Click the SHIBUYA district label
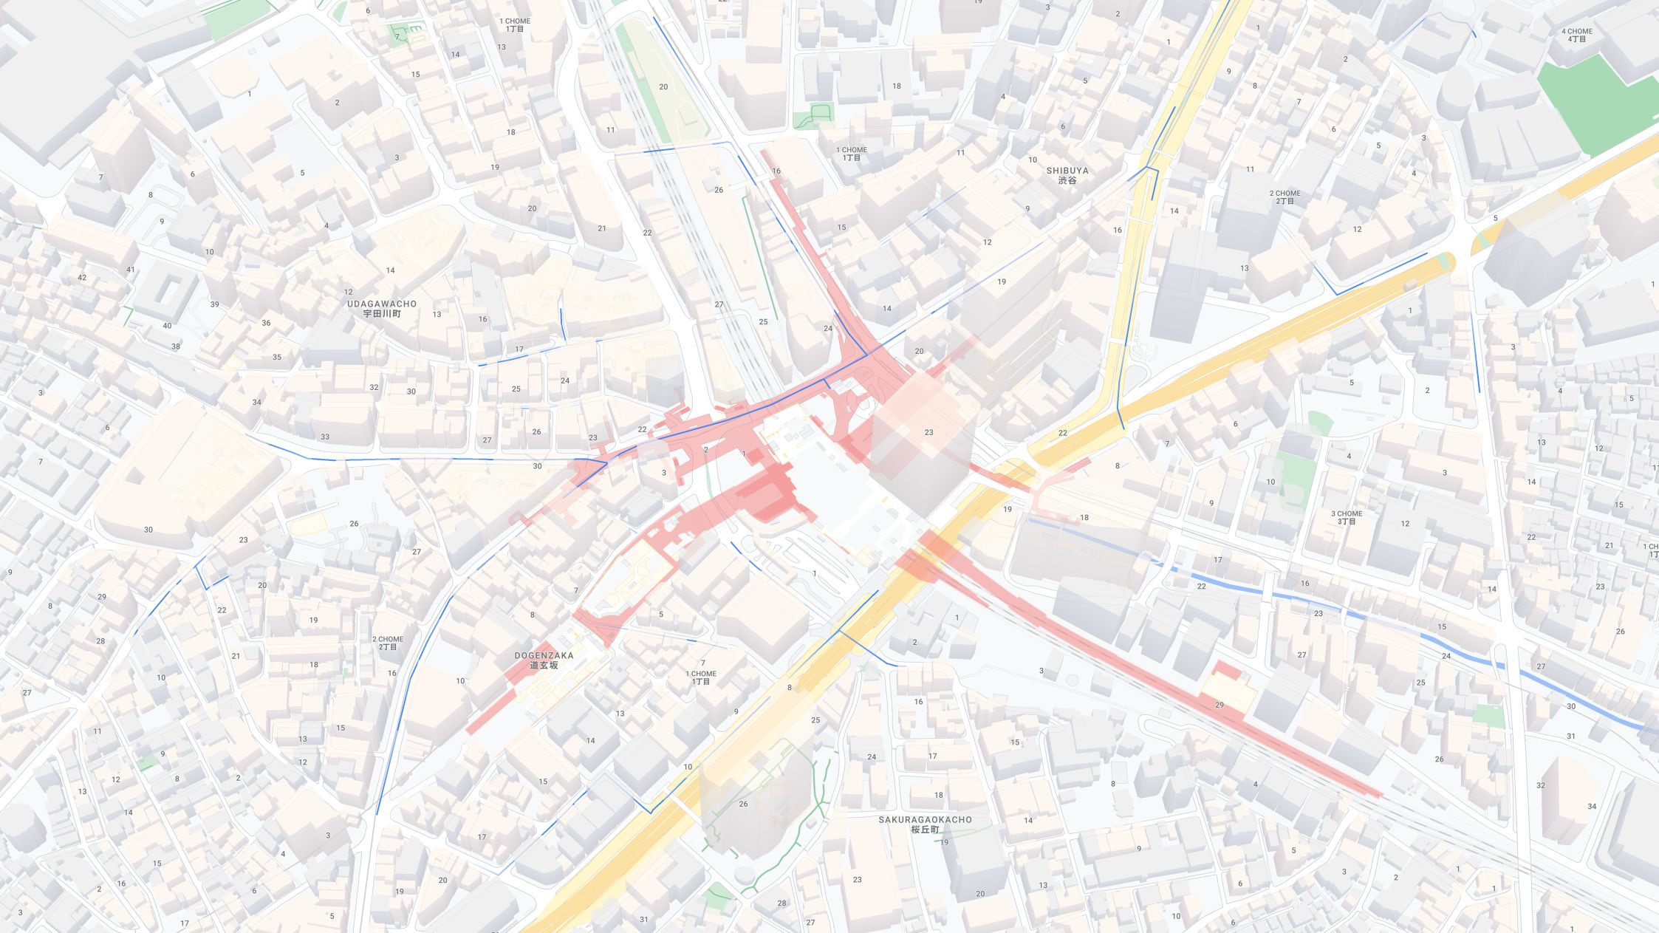click(x=1067, y=175)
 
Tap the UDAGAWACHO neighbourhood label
click(x=382, y=308)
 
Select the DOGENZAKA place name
click(x=544, y=660)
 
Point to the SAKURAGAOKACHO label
click(x=925, y=824)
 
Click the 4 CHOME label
click(x=1576, y=35)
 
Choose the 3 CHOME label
click(x=1346, y=517)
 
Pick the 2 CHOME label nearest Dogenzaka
click(x=388, y=643)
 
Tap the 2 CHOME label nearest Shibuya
click(x=1285, y=196)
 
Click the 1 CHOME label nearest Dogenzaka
click(x=701, y=677)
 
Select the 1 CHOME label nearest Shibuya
click(x=851, y=153)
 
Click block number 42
click(x=82, y=278)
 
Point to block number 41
click(x=131, y=270)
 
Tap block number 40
click(x=167, y=326)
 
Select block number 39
click(x=214, y=304)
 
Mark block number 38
click(x=175, y=346)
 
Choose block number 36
click(x=266, y=323)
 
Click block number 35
click(x=277, y=358)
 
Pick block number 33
click(x=325, y=437)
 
